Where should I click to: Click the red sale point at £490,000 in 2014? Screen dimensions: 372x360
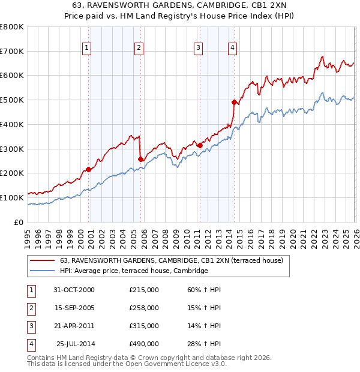[x=234, y=102]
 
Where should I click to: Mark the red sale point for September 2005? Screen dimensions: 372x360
[x=141, y=159]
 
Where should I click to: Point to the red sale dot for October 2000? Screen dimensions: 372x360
[x=89, y=169]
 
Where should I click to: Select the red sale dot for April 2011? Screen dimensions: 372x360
[x=200, y=145]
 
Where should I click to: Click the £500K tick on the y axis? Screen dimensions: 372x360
[x=12, y=100]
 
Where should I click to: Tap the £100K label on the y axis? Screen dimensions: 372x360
[x=12, y=197]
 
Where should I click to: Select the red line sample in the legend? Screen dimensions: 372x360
[x=42, y=260]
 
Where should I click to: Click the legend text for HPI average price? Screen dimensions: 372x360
[x=134, y=271]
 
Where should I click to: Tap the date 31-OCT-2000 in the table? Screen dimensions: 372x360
[x=74, y=290]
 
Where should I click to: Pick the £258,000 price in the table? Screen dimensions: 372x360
[x=144, y=308]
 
